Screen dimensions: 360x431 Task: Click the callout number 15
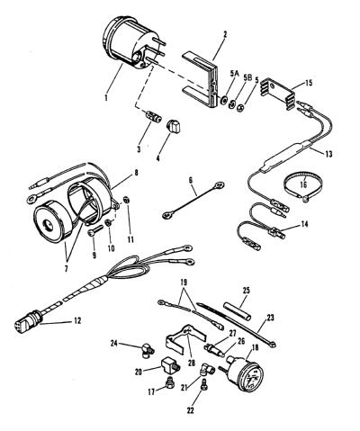tap(307, 82)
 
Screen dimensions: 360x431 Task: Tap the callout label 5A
tap(234, 74)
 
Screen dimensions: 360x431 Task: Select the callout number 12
tap(77, 320)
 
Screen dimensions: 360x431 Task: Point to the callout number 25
tap(247, 291)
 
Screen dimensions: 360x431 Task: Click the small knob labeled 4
tap(174, 127)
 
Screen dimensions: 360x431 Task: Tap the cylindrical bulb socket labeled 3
tap(153, 116)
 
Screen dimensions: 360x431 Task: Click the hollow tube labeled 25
tap(238, 311)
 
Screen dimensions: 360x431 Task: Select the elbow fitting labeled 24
tap(147, 350)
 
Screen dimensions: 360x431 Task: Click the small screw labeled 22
tap(204, 382)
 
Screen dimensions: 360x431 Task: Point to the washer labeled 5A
tap(223, 101)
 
